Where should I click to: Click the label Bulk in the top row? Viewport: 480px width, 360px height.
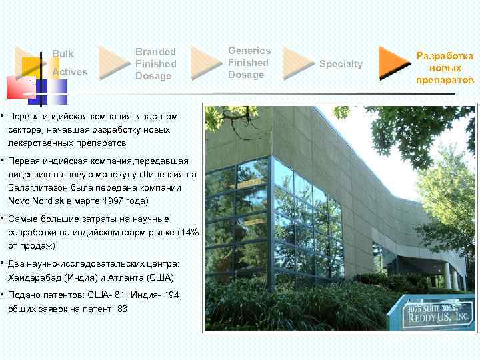pyautogui.click(x=63, y=53)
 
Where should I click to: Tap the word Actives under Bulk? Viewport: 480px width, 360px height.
pyautogui.click(x=69, y=71)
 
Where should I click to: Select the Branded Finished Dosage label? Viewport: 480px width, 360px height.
pyautogui.click(x=156, y=63)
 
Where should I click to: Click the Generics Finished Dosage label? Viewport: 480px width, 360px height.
pyautogui.click(x=249, y=62)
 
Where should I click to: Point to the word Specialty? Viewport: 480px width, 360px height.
pyautogui.click(x=341, y=64)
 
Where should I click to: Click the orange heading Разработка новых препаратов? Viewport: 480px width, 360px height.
pyautogui.click(x=445, y=69)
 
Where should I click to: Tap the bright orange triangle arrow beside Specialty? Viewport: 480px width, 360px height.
pyautogui.click(x=393, y=63)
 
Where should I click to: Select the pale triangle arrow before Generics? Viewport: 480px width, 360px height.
pyautogui.click(x=204, y=62)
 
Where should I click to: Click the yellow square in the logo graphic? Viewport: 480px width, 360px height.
pyautogui.click(x=31, y=67)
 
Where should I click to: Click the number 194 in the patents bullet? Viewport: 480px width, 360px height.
pyautogui.click(x=170, y=295)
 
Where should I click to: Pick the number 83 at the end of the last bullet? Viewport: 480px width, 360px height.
pyautogui.click(x=122, y=309)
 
